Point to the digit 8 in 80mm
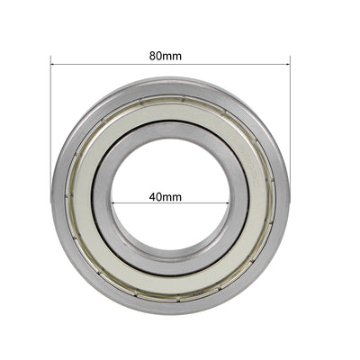pos(153,55)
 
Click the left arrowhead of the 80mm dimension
pos(53,61)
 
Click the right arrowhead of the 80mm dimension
pos(287,61)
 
